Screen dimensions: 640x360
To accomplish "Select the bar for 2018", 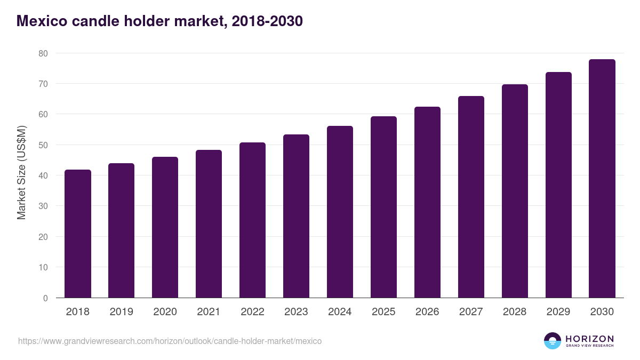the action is click(x=78, y=234).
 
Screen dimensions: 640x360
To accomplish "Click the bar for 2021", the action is click(x=209, y=223).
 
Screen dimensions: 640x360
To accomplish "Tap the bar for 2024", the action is click(x=340, y=212).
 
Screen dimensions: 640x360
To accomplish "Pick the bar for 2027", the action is click(x=471, y=197).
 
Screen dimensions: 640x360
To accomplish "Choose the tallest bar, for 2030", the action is click(x=602, y=179).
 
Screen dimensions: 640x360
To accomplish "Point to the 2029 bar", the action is click(x=558, y=185).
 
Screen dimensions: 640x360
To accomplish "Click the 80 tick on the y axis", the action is click(x=43, y=53).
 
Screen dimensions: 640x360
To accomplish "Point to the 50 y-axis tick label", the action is click(x=43, y=145).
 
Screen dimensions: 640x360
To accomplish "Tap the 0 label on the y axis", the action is click(x=45, y=298).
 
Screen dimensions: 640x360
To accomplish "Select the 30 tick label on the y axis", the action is click(x=43, y=206).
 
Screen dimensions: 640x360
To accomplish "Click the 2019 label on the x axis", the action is click(x=122, y=311).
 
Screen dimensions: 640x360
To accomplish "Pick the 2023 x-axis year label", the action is click(x=296, y=311).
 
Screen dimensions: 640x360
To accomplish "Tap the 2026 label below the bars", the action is click(x=427, y=311).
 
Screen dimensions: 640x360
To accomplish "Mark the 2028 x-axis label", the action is click(x=515, y=311).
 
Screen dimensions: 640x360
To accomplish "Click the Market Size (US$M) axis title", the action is click(x=21, y=173).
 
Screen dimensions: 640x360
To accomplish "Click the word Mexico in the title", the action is click(x=42, y=21).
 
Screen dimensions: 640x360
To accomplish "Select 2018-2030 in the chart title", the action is click(x=267, y=21).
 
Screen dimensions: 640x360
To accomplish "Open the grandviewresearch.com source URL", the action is click(x=170, y=341).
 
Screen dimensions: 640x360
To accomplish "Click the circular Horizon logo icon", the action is click(x=553, y=341).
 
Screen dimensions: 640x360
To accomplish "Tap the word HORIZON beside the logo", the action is click(x=589, y=339).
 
